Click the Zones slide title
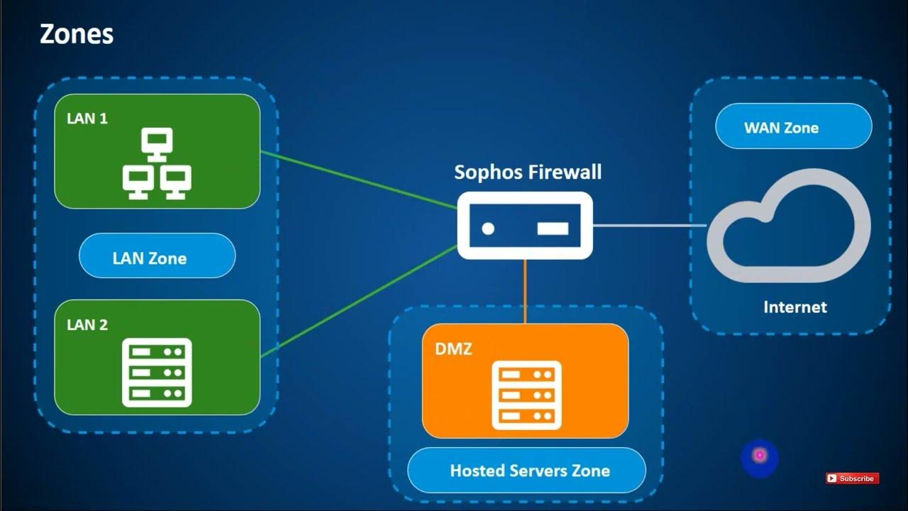click(76, 33)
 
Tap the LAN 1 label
click(87, 119)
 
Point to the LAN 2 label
click(87, 325)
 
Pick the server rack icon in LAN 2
click(157, 372)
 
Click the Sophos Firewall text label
click(528, 172)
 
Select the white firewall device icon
click(525, 226)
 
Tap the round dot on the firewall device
click(488, 229)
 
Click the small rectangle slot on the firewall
click(553, 229)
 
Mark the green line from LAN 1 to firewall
click(358, 180)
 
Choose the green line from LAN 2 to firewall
click(358, 301)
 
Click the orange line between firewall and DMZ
click(525, 291)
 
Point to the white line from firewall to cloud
click(649, 226)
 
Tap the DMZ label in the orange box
click(453, 348)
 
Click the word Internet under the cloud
click(794, 307)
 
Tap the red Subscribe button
click(852, 478)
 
